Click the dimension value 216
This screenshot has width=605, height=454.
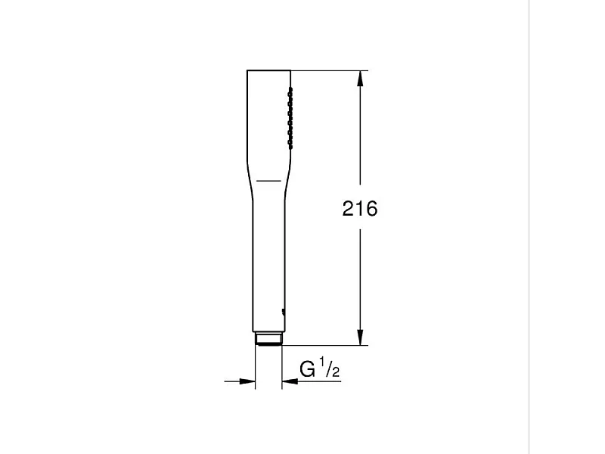click(x=359, y=209)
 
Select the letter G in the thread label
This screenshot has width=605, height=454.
click(x=308, y=369)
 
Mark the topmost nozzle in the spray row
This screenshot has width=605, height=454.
click(x=288, y=91)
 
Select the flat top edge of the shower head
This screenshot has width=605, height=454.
click(x=268, y=71)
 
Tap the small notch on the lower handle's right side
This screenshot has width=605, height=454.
click(x=283, y=311)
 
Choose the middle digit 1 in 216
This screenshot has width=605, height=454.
click(x=359, y=209)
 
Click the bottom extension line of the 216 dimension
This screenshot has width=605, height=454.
click(x=325, y=346)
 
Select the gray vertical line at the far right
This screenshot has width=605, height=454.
click(x=530, y=227)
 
